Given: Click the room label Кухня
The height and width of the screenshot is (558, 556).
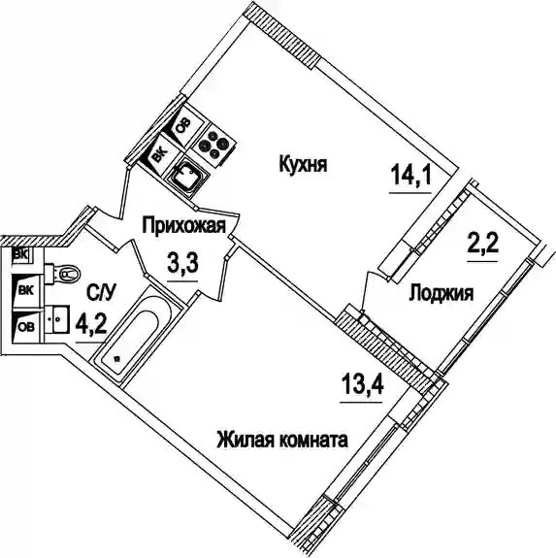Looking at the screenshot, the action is [x=303, y=165].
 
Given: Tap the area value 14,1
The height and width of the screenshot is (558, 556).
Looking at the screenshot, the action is [x=410, y=176].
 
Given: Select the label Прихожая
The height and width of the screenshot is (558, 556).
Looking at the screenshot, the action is [x=184, y=225].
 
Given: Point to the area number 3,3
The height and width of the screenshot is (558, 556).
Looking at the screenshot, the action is [x=182, y=263].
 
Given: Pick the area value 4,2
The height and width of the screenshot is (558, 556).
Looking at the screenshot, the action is [x=91, y=324].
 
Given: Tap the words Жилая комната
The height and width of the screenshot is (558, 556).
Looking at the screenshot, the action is [x=282, y=440].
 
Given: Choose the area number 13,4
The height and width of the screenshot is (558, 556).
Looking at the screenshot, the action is [x=362, y=384].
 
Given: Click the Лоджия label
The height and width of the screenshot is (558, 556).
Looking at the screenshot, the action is [x=442, y=294].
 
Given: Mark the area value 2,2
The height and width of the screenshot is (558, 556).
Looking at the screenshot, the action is [x=482, y=244].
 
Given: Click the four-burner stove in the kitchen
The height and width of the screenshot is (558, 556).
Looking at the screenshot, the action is [x=213, y=145].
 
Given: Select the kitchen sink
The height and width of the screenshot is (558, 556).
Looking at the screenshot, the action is [x=187, y=177].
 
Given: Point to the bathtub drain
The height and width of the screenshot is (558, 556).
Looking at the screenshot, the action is [x=115, y=359].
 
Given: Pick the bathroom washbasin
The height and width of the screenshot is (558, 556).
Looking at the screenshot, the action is [x=57, y=319].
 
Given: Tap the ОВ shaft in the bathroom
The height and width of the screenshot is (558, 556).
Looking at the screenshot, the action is [x=25, y=326].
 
